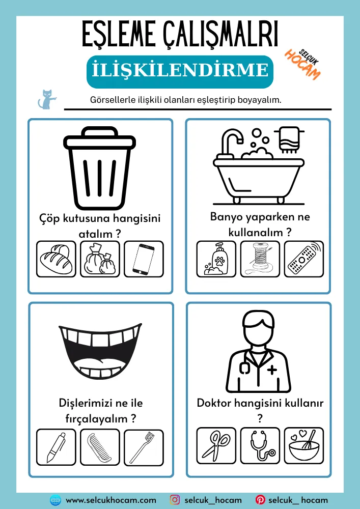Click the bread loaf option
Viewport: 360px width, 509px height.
56,259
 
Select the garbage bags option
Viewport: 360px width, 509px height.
100,259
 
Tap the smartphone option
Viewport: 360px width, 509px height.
144,259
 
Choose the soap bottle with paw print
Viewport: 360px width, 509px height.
216,259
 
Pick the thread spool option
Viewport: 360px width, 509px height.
260,259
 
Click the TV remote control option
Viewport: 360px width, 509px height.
304,259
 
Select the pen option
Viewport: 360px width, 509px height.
56,447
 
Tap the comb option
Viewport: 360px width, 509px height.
100,447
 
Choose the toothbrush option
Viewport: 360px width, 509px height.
144,447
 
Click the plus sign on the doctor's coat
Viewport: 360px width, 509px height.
272,370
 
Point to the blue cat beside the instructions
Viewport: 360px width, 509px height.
46,99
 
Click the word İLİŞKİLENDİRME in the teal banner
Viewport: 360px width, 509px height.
180,71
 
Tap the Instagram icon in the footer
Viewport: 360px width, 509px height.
175,500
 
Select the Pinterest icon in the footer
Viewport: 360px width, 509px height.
260,500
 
